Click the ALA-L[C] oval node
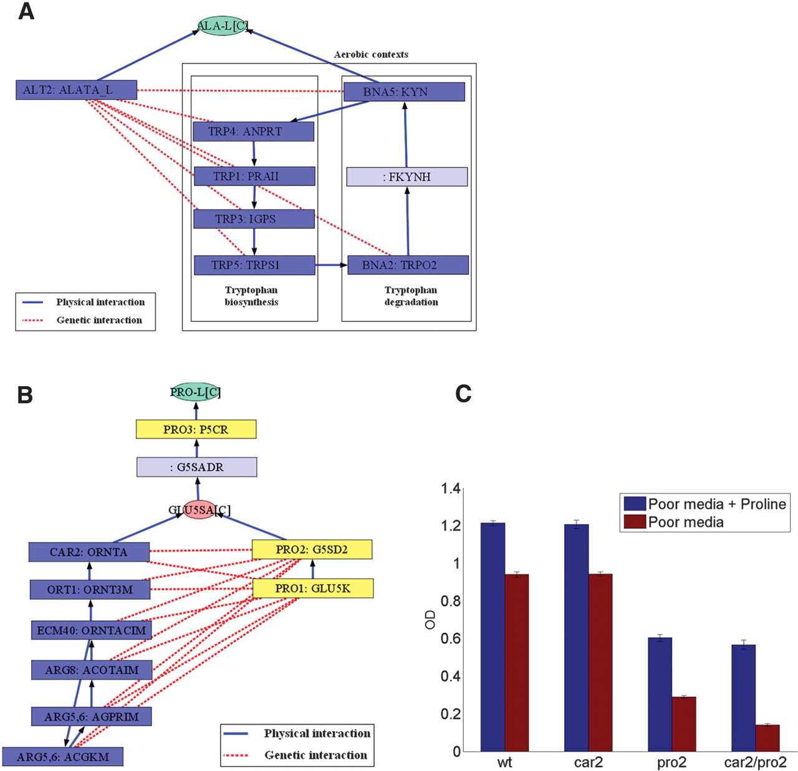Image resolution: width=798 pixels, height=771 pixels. (x=222, y=26)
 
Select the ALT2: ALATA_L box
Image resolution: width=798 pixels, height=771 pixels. (x=76, y=90)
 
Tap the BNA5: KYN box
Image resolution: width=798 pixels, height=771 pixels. (x=403, y=92)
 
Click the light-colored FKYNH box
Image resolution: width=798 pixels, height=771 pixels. (x=406, y=177)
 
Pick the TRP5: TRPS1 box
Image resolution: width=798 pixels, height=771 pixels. (x=254, y=265)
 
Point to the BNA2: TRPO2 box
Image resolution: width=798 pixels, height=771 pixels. (x=408, y=265)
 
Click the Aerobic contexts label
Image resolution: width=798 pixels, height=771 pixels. (x=371, y=55)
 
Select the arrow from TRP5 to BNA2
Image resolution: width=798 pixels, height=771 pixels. (x=331, y=265)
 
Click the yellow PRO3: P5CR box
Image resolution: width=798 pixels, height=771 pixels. (x=196, y=429)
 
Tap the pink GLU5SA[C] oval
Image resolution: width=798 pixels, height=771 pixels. (x=199, y=510)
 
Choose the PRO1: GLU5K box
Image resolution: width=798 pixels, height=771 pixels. (x=312, y=589)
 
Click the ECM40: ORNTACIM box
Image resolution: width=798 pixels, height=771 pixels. (x=91, y=630)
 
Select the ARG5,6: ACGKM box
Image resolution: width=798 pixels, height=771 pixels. (x=62, y=757)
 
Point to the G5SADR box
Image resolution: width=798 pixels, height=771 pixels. (x=196, y=467)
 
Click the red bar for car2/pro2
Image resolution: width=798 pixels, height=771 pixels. (x=767, y=738)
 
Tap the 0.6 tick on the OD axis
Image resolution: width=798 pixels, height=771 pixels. (x=451, y=638)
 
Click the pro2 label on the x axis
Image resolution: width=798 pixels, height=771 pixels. (x=671, y=762)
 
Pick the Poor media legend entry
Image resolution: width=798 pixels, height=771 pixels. (x=686, y=522)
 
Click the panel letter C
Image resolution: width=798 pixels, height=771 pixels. (x=463, y=394)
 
